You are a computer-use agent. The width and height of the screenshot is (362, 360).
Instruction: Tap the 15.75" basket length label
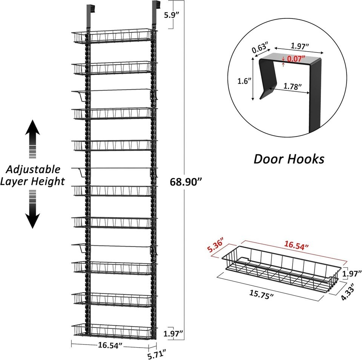tap(261, 295)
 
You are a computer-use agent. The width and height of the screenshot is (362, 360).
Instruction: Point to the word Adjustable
tap(33, 170)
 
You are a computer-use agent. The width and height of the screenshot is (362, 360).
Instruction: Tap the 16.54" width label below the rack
tap(110, 345)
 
